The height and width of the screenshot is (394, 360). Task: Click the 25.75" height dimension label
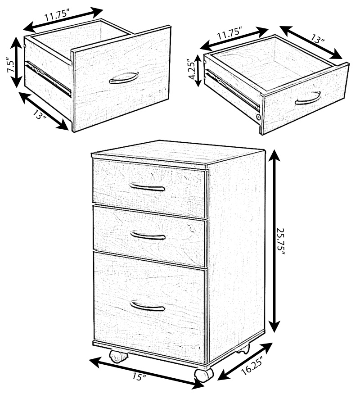pyautogui.click(x=281, y=242)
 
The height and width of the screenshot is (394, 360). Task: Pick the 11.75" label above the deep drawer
pyautogui.click(x=57, y=16)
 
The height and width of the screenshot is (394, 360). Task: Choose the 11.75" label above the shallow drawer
pyautogui.click(x=229, y=34)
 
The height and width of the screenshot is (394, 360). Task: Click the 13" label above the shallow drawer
pyautogui.click(x=318, y=39)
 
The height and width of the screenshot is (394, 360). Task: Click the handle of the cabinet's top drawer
pyautogui.click(x=147, y=187)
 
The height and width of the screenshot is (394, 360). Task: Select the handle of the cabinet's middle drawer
pyautogui.click(x=148, y=235)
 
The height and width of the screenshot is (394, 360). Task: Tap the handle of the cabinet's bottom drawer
pyautogui.click(x=147, y=306)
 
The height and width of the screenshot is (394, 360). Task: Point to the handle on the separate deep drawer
pyautogui.click(x=124, y=78)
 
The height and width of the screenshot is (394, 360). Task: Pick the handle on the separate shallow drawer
pyautogui.click(x=308, y=99)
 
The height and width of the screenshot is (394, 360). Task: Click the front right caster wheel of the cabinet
pyautogui.click(x=203, y=376)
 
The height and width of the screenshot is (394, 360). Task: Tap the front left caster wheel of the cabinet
pyautogui.click(x=118, y=357)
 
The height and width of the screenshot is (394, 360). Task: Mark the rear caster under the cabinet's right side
pyautogui.click(x=243, y=349)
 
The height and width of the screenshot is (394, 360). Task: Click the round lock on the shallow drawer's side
pyautogui.click(x=258, y=117)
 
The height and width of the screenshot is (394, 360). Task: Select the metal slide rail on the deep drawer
pyautogui.click(x=48, y=78)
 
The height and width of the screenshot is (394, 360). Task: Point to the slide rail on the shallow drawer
pyautogui.click(x=233, y=90)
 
